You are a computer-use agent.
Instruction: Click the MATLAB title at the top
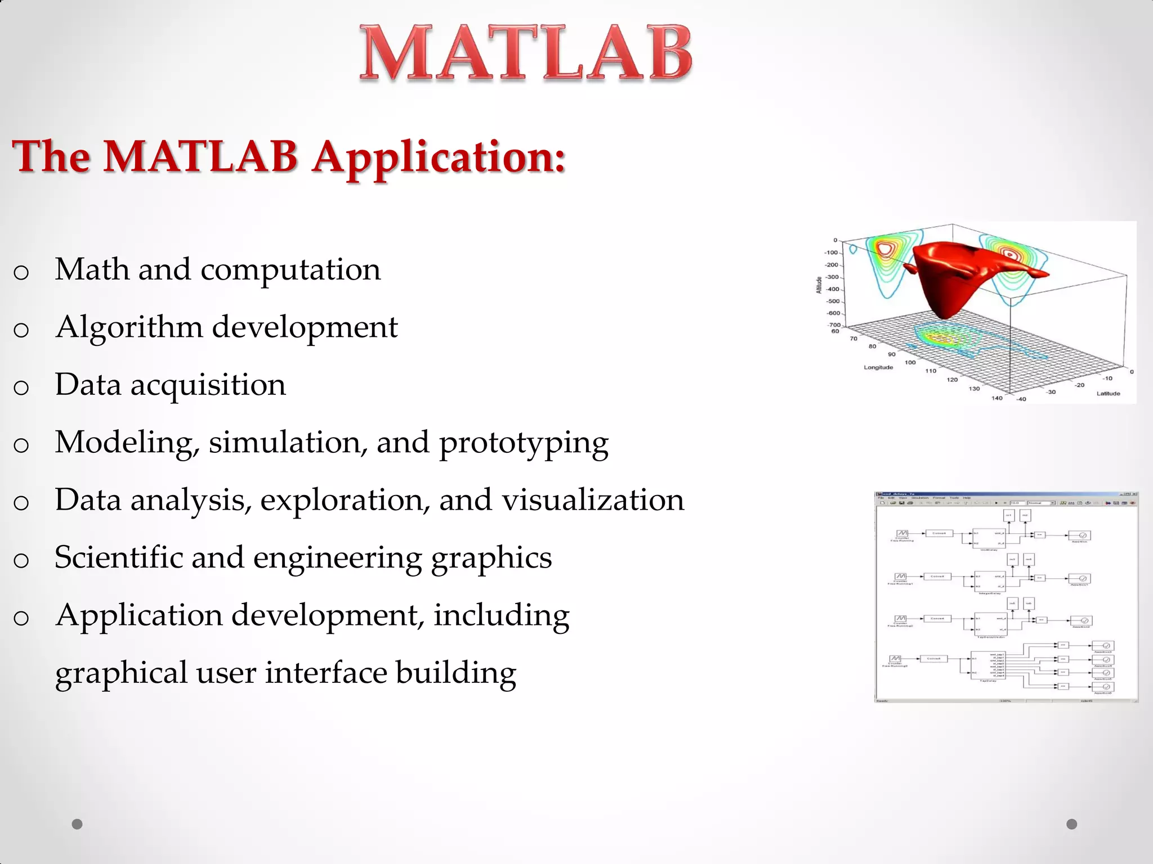pos(526,53)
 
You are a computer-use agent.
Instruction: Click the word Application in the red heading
pos(439,157)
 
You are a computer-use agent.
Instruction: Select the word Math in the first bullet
pos(92,269)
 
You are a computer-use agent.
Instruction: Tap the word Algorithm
pos(129,327)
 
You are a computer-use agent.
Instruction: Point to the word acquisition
pos(208,385)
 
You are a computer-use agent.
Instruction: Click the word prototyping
pos(523,443)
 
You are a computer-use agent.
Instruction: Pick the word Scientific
pos(118,557)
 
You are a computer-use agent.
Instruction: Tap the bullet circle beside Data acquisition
pos(21,388)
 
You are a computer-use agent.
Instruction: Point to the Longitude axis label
pos(878,367)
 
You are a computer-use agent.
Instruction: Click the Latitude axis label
pos(1108,393)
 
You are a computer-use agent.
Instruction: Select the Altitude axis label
pos(819,285)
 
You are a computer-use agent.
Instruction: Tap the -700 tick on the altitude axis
pos(834,325)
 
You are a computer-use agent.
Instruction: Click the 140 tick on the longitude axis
pos(996,398)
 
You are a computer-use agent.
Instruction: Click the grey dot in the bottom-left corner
pos(77,824)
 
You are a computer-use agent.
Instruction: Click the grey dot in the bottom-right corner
pos(1071,824)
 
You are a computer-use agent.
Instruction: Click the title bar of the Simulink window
pos(991,494)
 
